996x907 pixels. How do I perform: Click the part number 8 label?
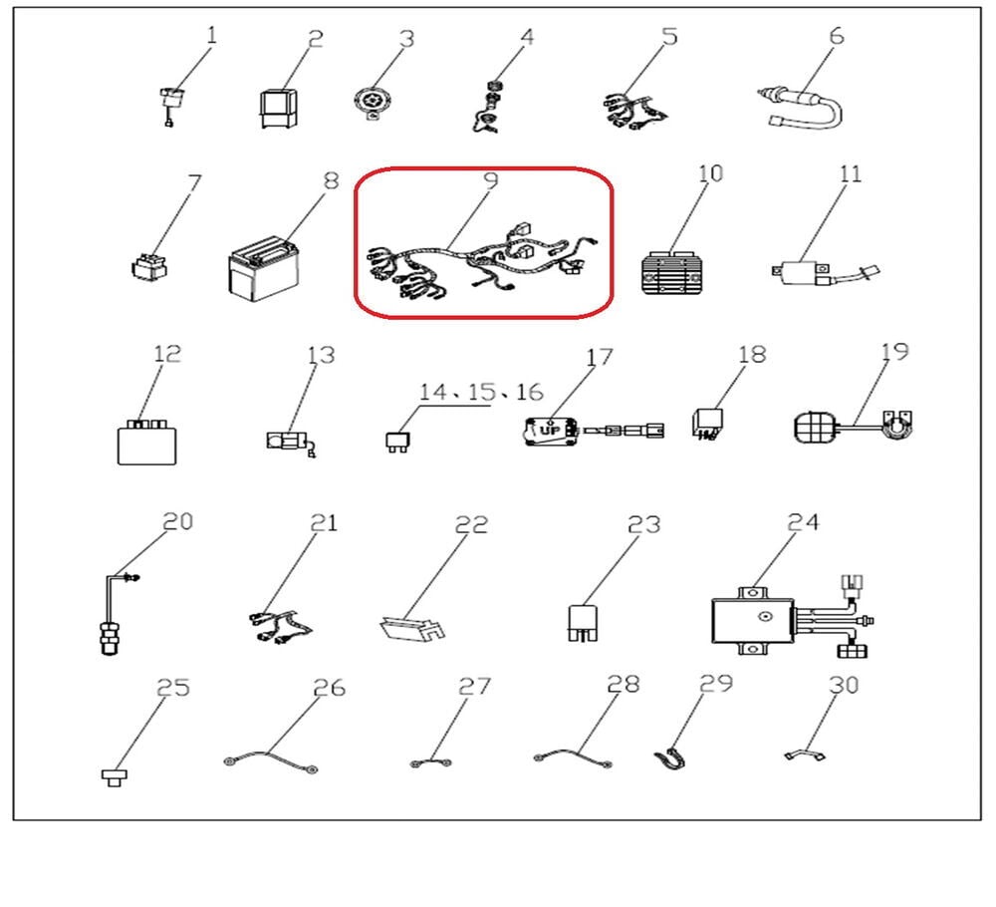click(x=331, y=181)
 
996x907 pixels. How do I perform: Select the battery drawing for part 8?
click(x=263, y=269)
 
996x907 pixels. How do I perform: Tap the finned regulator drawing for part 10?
click(x=673, y=273)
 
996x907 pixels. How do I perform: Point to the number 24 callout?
click(x=803, y=522)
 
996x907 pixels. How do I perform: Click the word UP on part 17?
click(x=550, y=431)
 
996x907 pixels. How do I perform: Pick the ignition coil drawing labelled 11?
click(x=825, y=273)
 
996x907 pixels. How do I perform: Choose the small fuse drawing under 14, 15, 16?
click(x=397, y=442)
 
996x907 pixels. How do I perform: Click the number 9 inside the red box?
click(x=490, y=181)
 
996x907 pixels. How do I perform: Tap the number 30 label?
click(x=844, y=685)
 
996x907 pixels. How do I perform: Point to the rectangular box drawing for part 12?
click(x=146, y=443)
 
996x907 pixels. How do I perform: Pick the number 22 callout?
click(x=471, y=524)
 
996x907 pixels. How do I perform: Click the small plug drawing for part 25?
click(x=115, y=776)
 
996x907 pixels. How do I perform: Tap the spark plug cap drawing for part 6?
click(x=802, y=108)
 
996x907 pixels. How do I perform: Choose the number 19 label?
click(x=895, y=352)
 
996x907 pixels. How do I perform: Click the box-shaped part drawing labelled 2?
click(x=279, y=109)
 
